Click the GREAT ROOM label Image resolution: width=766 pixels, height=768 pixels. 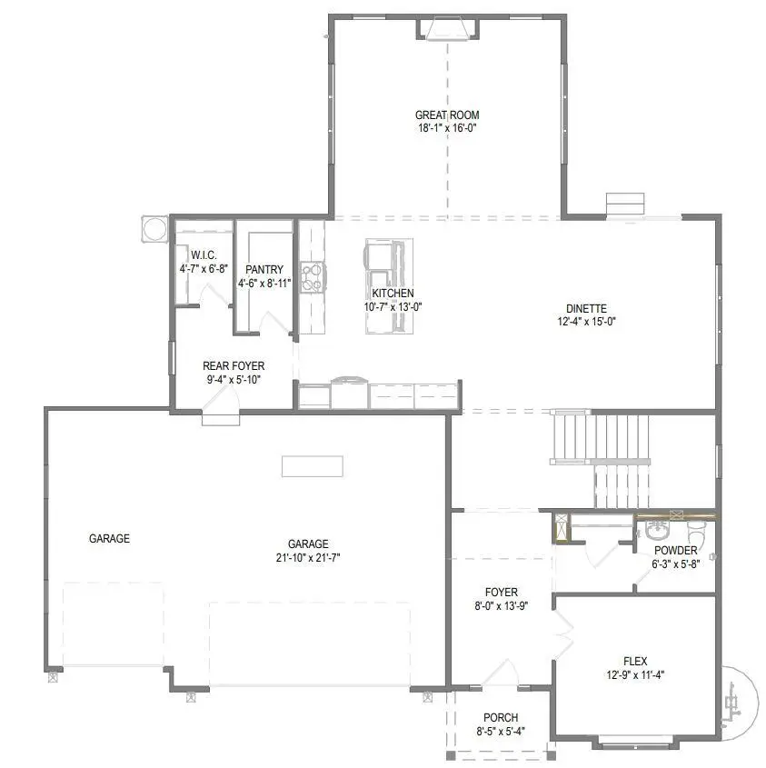(x=446, y=115)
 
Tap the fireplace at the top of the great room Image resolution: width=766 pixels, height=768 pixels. (x=446, y=29)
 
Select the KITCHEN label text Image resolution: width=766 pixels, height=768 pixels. (x=393, y=294)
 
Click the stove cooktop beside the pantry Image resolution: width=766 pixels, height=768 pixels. (x=312, y=276)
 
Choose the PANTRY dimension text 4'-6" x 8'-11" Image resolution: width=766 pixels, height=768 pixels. (x=265, y=284)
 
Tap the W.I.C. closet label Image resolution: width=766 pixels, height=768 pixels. (x=203, y=255)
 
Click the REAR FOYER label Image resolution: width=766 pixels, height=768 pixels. (x=234, y=366)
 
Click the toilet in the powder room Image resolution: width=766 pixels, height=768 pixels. (x=696, y=529)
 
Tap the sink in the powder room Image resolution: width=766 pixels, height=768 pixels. (x=656, y=527)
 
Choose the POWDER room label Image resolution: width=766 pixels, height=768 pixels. (x=675, y=551)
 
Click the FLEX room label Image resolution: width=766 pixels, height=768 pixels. (x=635, y=662)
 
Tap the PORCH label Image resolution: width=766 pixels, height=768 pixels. (x=501, y=718)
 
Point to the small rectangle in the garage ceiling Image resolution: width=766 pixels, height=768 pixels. (x=312, y=466)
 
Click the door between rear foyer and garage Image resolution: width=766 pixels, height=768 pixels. (x=220, y=417)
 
